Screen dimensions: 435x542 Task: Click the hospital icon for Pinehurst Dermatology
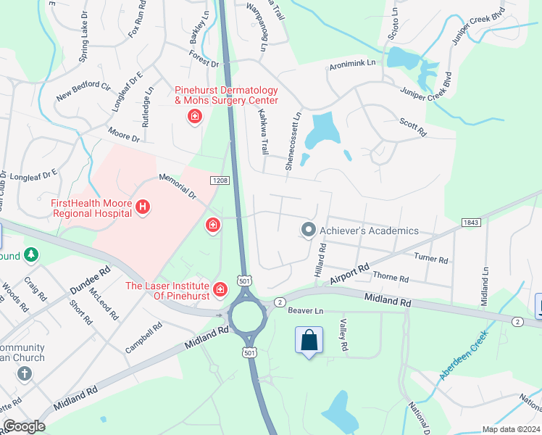coord(194,117)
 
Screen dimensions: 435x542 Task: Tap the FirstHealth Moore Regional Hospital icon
coord(143,208)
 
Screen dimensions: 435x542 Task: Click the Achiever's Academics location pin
coord(308,231)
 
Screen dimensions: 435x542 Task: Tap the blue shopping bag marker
coord(309,340)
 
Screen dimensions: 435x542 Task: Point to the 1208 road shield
coord(221,180)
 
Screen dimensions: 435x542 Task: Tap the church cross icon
coord(25,374)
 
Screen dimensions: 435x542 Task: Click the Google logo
coord(24,426)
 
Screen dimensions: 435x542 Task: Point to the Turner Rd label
coord(431,258)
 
